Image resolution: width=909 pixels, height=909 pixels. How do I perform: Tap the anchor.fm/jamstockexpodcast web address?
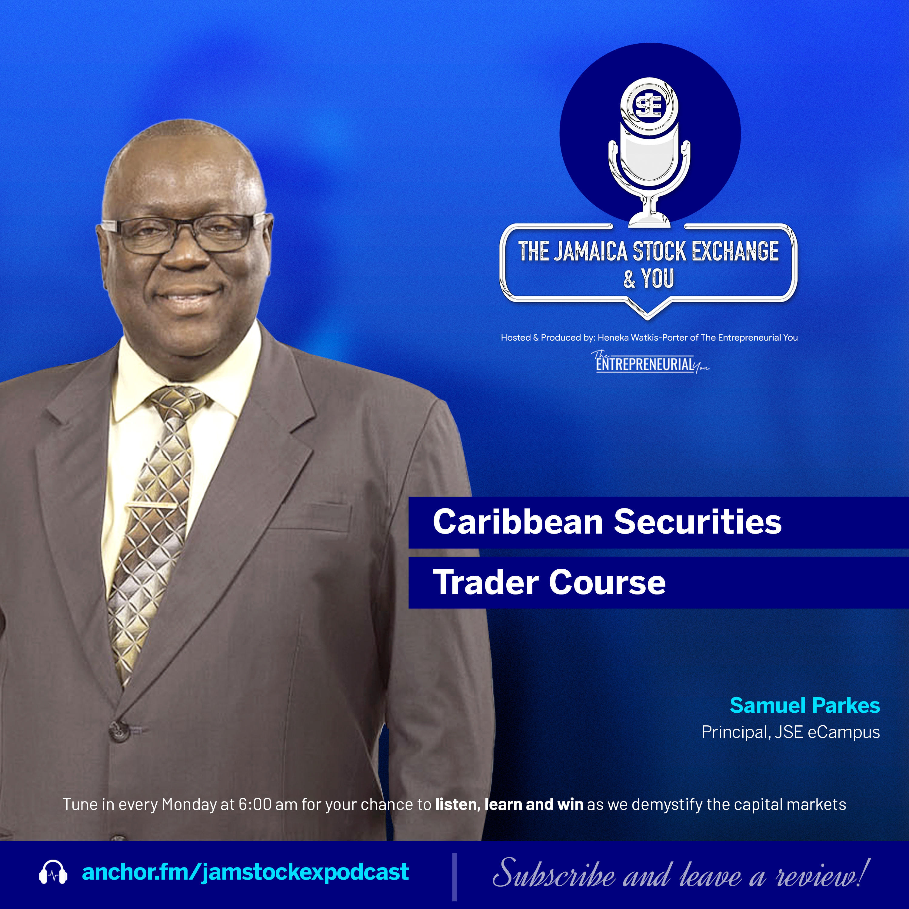(x=245, y=872)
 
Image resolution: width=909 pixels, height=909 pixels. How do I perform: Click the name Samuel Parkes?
(x=804, y=705)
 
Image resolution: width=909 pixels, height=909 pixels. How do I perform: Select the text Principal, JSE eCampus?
(x=791, y=732)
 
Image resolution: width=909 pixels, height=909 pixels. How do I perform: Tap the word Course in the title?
(x=607, y=582)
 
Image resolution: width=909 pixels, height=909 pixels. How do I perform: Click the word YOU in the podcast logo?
(x=658, y=278)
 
